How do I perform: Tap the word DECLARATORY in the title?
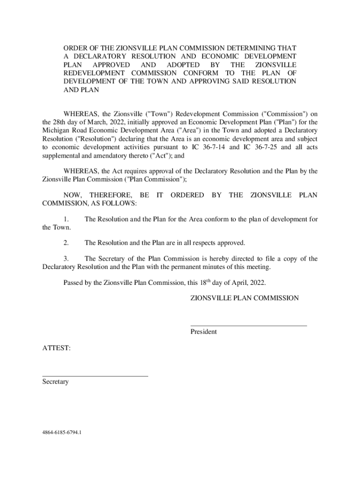98,56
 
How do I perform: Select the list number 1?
67,219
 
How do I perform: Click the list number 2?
67,243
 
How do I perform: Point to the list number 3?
67,259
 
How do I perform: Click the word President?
203,332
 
